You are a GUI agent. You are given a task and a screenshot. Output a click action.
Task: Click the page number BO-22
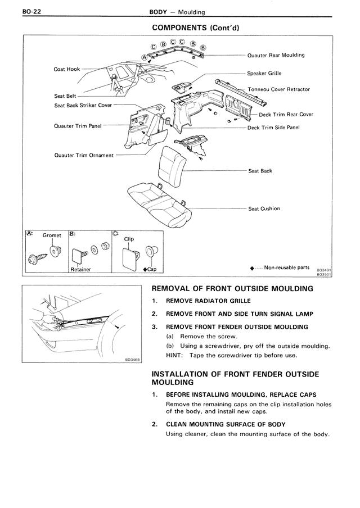click(x=17, y=11)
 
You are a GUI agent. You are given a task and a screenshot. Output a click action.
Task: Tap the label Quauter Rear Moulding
click(x=276, y=56)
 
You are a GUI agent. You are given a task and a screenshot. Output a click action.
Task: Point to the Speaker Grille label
click(x=264, y=74)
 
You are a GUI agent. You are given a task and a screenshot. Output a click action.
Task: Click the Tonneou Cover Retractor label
click(x=278, y=89)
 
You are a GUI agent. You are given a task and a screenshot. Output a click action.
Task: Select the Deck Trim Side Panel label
click(x=273, y=128)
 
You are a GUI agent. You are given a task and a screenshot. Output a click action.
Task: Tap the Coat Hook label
click(x=67, y=69)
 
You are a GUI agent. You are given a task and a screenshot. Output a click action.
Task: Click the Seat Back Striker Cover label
click(x=83, y=105)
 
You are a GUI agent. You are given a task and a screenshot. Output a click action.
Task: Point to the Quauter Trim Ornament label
click(x=84, y=155)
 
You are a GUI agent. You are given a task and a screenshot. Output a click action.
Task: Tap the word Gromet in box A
click(x=52, y=235)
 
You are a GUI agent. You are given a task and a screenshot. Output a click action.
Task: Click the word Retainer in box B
click(x=81, y=270)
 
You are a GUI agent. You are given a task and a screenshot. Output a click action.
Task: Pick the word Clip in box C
click(x=129, y=238)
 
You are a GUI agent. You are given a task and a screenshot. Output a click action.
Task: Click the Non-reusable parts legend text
click(x=286, y=267)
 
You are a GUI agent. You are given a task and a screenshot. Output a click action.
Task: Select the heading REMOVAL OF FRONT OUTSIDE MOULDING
click(x=232, y=289)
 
